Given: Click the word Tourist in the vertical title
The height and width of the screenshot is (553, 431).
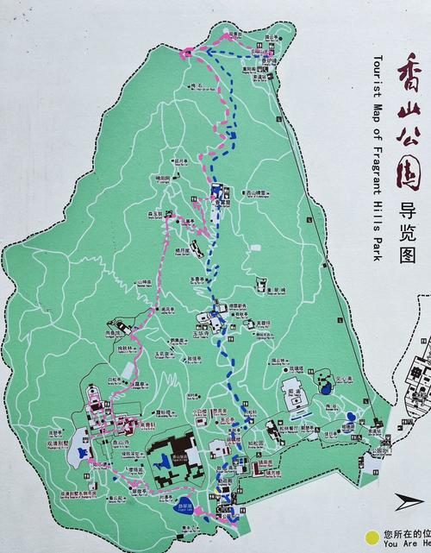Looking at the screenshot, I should tap(378, 74).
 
